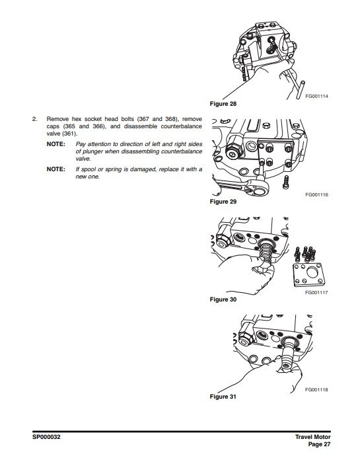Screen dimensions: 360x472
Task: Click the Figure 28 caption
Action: pyautogui.click(x=223, y=104)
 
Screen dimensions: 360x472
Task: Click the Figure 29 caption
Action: pyautogui.click(x=223, y=202)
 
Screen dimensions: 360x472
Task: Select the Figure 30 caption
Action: pyautogui.click(x=223, y=299)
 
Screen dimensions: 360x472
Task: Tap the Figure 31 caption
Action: pyautogui.click(x=223, y=397)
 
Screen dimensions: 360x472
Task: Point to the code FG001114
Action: pyautogui.click(x=316, y=97)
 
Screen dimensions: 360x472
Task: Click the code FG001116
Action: pyautogui.click(x=316, y=194)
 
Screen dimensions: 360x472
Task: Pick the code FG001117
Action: pyautogui.click(x=316, y=292)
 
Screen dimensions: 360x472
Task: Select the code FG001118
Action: pyautogui.click(x=316, y=389)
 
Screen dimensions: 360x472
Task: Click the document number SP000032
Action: pyautogui.click(x=46, y=437)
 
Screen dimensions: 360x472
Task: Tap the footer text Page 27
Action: pyautogui.click(x=320, y=444)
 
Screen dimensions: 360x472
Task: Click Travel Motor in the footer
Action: pyautogui.click(x=313, y=437)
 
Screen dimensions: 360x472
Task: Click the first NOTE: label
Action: pyautogui.click(x=56, y=144)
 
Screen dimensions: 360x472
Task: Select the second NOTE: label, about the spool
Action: pyautogui.click(x=56, y=169)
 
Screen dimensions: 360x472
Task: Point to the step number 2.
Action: pyautogui.click(x=34, y=119)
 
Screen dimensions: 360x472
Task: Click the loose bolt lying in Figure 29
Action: pyautogui.click(x=286, y=182)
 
